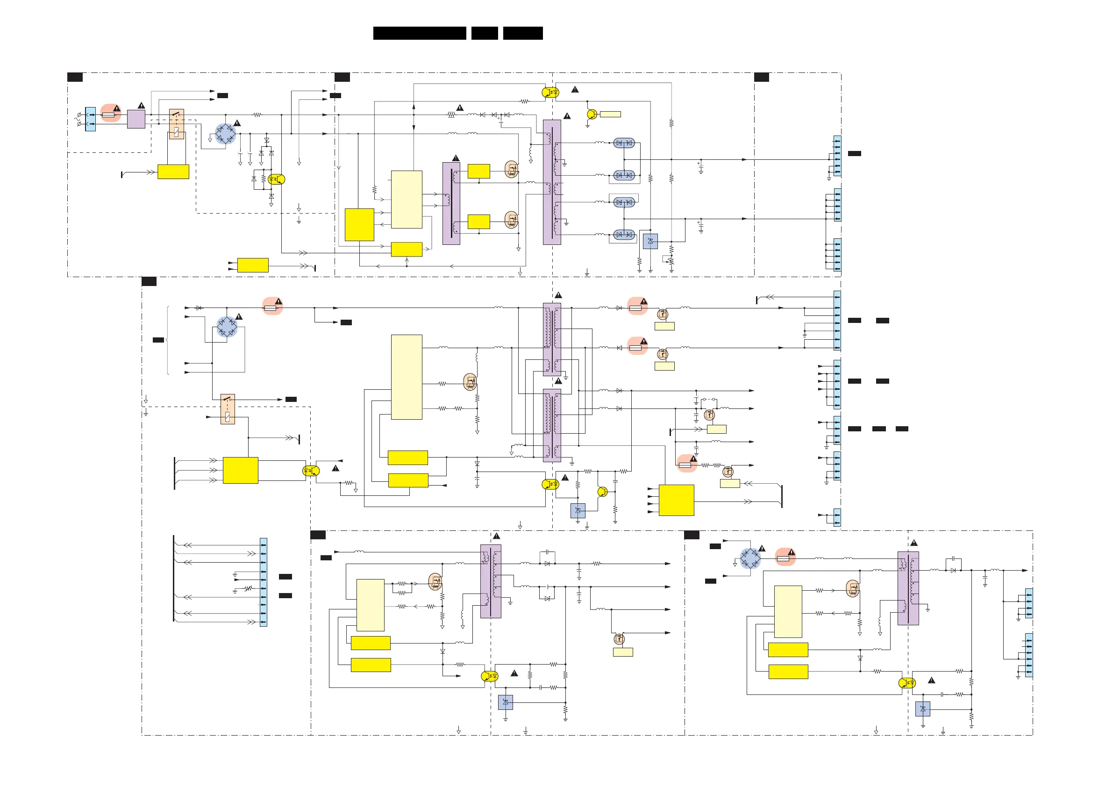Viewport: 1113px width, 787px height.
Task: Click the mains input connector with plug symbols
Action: click(90, 119)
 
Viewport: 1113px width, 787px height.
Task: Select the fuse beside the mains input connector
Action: click(108, 115)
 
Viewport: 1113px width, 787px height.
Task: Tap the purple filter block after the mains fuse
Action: click(136, 119)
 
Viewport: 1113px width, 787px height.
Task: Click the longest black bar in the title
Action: click(419, 33)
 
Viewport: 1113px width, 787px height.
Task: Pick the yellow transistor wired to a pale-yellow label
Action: click(592, 114)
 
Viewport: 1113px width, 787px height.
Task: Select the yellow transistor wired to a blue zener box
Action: click(602, 492)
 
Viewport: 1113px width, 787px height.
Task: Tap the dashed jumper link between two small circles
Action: click(709, 399)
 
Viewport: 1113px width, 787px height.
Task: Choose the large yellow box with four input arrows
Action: click(676, 500)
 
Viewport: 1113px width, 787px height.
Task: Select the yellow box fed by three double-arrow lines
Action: click(241, 470)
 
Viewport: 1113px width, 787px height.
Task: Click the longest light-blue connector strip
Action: click(263, 582)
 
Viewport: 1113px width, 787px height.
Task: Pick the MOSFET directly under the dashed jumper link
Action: click(709, 415)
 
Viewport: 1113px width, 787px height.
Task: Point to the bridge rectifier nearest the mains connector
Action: click(225, 133)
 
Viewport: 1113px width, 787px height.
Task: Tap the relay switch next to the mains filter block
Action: click(177, 124)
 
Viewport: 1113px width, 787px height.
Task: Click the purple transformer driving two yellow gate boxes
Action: click(451, 203)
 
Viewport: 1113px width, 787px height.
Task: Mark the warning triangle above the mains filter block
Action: click(141, 106)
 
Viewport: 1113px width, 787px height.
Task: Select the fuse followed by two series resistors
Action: click(685, 465)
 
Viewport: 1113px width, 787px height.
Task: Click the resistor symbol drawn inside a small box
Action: click(451, 115)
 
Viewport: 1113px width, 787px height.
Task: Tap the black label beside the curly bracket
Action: click(158, 340)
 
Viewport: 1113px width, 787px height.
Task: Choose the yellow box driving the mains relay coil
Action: click(173, 172)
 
